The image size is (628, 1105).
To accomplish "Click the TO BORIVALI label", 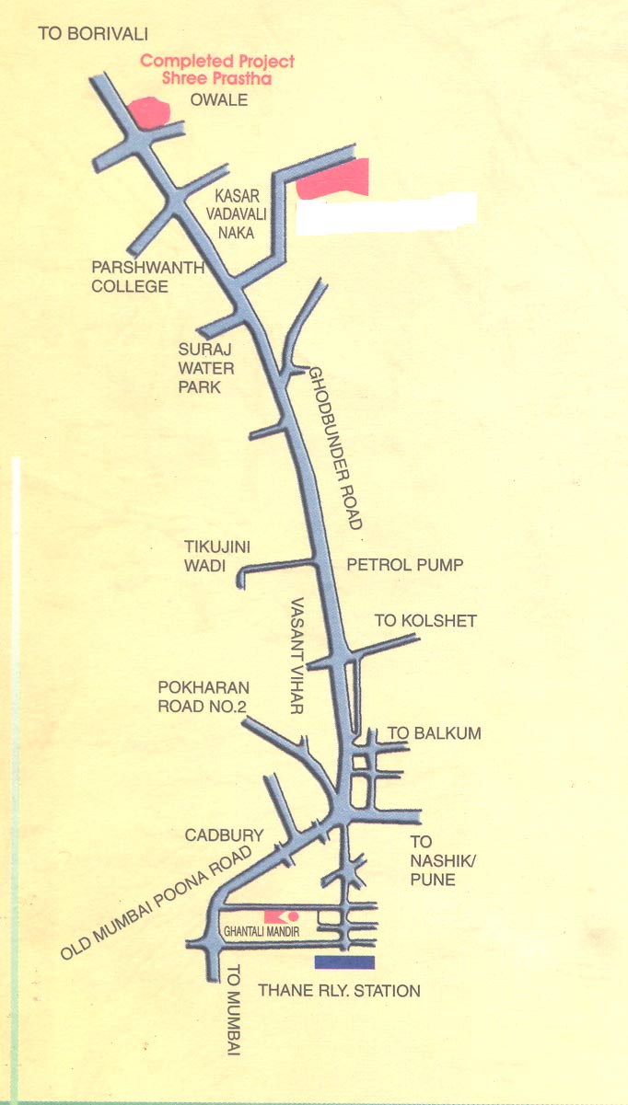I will coord(92,34).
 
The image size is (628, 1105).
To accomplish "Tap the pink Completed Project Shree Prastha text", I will coord(217,70).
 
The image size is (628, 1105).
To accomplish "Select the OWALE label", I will coord(218,99).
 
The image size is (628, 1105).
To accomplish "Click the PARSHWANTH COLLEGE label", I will coord(129,277).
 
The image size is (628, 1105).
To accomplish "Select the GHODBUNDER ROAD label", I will coord(335,447).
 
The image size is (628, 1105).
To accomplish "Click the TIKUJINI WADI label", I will coord(217,557).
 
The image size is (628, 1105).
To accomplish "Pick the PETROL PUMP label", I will coord(404,564).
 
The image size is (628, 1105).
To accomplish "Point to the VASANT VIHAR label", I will coord(297,657).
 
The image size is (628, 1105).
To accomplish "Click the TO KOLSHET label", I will coord(425,621).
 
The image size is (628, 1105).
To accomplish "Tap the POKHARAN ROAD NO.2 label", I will coord(204,696).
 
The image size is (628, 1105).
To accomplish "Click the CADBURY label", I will coord(224,835).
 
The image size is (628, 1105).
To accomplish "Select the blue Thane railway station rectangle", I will coord(344,962).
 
